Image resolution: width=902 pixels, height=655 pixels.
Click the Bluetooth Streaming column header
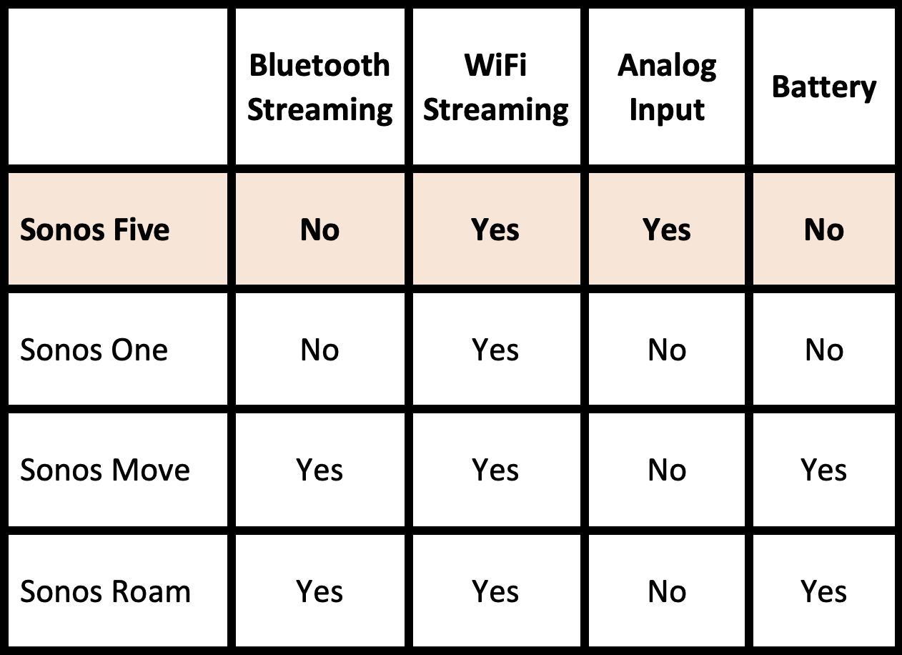319,87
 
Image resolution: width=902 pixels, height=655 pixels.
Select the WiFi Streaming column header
496,87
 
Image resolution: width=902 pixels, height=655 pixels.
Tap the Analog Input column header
667,87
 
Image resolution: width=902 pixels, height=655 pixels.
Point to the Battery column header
824,87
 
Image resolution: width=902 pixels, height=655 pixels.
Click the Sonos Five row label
95,230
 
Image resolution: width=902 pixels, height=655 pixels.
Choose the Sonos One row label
94,350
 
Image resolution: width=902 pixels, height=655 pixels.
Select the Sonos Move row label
105,470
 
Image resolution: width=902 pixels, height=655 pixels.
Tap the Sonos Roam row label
105,591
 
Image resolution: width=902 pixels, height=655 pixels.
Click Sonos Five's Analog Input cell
667,230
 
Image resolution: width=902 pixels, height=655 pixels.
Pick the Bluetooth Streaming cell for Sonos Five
319,230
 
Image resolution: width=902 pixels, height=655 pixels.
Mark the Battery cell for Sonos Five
824,230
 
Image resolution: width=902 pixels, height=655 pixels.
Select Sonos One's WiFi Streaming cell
496,350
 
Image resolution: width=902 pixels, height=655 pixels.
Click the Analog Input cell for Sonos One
667,350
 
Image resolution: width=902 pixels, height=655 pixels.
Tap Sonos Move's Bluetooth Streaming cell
319,470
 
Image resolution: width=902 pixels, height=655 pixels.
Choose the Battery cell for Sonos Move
824,470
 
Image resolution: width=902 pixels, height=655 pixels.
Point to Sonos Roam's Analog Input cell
667,591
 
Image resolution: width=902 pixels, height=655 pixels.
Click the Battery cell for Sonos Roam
824,591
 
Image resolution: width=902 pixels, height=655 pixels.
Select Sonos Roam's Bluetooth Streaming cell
319,591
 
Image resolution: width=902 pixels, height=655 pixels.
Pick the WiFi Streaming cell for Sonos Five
496,230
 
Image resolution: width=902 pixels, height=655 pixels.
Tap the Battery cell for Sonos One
824,350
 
